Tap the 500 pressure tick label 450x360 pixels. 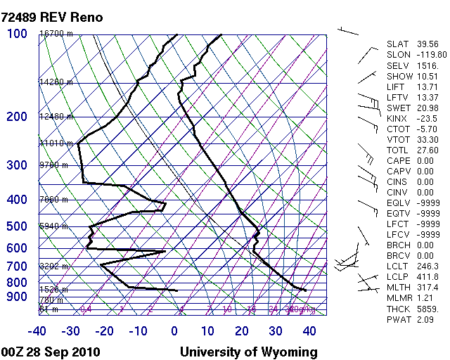point(17,226)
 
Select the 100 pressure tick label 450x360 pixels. point(17,34)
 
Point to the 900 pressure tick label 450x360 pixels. point(17,297)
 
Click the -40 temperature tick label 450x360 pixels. point(38,330)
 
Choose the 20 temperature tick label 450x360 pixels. point(242,330)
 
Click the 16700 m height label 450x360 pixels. point(56,34)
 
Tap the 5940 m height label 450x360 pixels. point(56,226)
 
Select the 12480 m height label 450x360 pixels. point(56,117)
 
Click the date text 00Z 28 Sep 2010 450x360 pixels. point(51,352)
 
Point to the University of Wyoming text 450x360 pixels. point(249,352)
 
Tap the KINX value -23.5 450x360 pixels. point(427,118)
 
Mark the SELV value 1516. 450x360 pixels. point(427,65)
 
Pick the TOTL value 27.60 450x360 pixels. point(427,150)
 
